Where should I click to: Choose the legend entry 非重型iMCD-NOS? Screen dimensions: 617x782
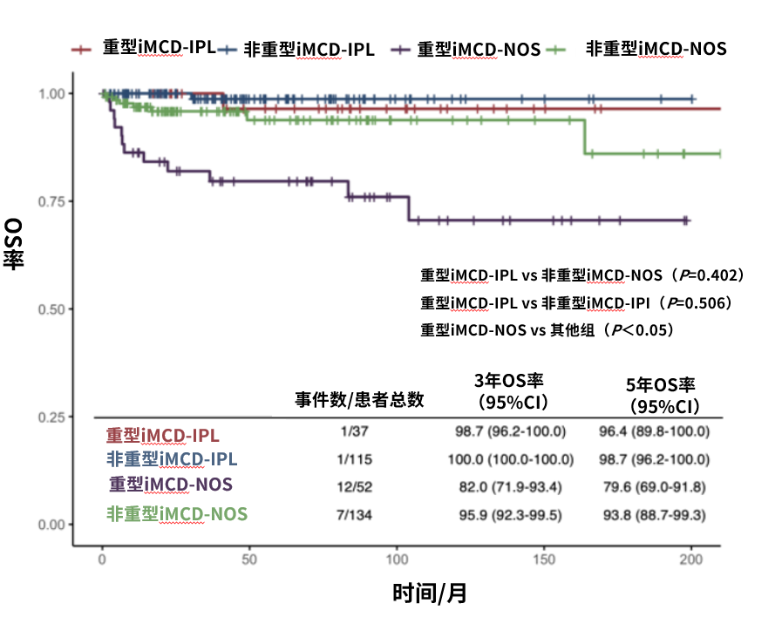pos(655,50)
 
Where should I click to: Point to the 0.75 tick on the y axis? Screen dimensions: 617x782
pos(54,201)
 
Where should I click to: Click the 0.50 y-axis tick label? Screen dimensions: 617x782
pos(54,309)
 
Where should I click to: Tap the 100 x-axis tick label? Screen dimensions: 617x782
pos(397,559)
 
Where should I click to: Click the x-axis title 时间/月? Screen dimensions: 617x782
pos(429,594)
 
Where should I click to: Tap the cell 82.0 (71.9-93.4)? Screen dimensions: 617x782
pos(512,486)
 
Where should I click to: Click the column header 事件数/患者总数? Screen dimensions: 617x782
pos(359,399)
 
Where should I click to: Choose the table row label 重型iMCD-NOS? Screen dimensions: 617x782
pos(171,484)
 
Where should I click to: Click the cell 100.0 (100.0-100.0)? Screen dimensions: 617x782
pos(512,458)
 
